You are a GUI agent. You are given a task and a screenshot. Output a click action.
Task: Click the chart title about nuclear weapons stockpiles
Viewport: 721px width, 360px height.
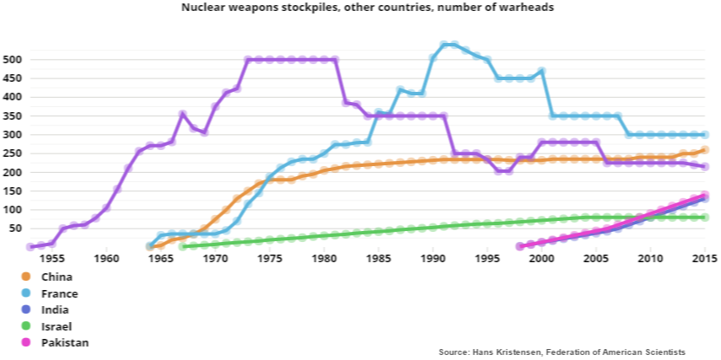(361, 7)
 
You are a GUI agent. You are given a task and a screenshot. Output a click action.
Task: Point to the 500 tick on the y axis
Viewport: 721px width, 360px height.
(13, 60)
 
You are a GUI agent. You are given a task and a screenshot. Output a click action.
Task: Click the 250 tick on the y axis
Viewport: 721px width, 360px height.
(13, 153)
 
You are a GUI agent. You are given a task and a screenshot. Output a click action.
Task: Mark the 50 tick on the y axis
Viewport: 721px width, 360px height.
(15, 228)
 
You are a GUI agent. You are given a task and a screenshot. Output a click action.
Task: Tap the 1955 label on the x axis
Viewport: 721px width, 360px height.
(52, 258)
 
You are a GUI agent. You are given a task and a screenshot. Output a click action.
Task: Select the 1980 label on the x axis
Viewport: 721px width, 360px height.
(325, 258)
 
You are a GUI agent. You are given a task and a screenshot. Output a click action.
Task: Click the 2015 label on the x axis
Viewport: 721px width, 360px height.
(703, 258)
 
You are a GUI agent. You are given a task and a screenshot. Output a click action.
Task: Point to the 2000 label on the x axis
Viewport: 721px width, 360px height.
(542, 258)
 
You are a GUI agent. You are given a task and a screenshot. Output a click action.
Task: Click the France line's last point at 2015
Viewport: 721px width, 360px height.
(705, 135)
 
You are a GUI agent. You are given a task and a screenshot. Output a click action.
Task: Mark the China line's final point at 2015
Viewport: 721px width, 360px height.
(705, 150)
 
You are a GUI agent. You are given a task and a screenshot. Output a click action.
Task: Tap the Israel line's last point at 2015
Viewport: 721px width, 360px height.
(705, 218)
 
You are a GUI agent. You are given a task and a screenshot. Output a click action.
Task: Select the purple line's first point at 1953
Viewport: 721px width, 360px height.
(30, 247)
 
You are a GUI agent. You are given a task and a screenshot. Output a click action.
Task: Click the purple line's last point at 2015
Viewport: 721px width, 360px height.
(705, 167)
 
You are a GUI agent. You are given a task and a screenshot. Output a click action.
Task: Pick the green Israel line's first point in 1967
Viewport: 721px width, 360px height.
(182, 246)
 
